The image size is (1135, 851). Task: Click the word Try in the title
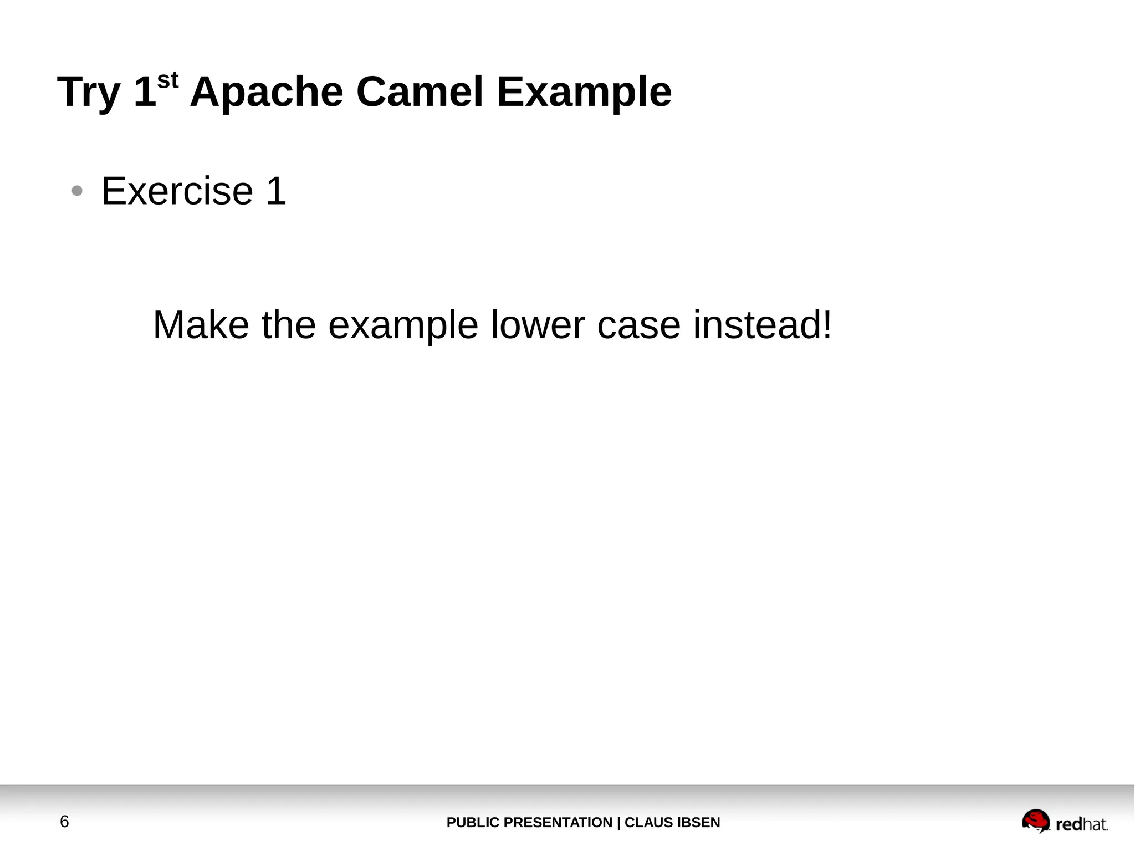tap(89, 92)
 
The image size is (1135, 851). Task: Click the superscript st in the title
tap(168, 81)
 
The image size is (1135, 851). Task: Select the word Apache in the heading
tap(266, 92)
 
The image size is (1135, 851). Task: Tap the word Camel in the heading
tap(420, 92)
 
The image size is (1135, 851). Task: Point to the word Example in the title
tap(584, 92)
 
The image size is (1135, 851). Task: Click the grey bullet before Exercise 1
tap(77, 191)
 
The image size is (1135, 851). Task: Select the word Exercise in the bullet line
tap(177, 191)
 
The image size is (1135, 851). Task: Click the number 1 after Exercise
tap(276, 191)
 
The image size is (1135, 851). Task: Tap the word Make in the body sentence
tap(201, 325)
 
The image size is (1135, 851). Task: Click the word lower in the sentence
tap(538, 325)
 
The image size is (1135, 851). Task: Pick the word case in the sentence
tap(638, 325)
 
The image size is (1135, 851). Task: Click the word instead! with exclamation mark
tap(762, 325)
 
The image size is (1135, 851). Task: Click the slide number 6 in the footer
tap(64, 822)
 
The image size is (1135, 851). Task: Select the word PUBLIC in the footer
tap(473, 823)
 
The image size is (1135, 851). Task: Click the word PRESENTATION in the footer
tap(558, 823)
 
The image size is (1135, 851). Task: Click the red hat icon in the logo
tap(1035, 821)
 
